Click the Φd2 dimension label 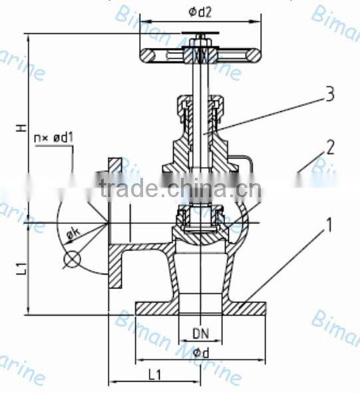(199, 11)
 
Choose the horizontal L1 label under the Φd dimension (154, 376)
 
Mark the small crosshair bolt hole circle (71, 258)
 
